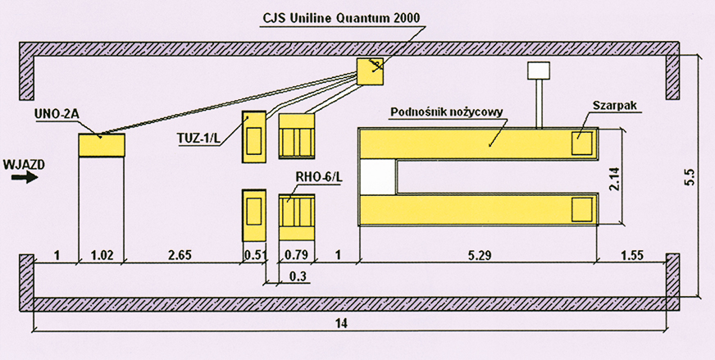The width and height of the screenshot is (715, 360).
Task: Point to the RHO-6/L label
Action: [x=317, y=178]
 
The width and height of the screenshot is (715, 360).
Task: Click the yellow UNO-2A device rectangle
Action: [x=101, y=145]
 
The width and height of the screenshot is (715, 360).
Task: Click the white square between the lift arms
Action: [x=378, y=174]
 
